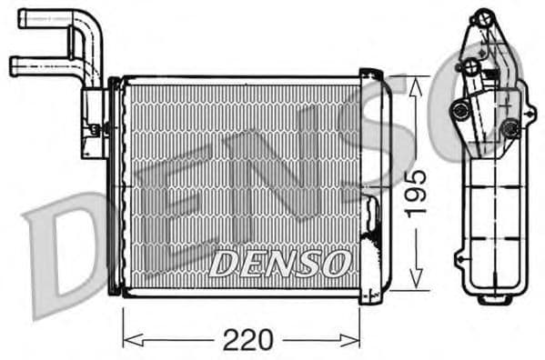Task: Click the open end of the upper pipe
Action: [x=23, y=16]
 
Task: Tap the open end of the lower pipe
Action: [x=14, y=65]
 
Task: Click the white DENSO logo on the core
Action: [x=278, y=264]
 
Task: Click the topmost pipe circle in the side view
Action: [x=480, y=18]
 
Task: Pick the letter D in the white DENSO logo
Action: [x=222, y=264]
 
